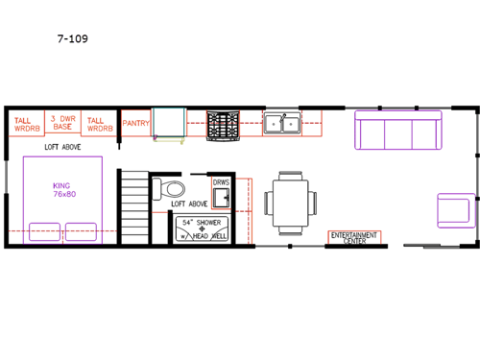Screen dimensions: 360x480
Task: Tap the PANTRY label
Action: click(136, 124)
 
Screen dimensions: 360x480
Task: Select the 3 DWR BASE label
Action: click(62, 124)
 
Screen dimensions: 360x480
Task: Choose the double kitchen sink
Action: click(282, 122)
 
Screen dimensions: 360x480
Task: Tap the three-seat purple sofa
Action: click(397, 130)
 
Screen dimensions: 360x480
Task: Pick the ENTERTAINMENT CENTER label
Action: click(354, 237)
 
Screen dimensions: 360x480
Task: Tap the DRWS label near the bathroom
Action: click(222, 180)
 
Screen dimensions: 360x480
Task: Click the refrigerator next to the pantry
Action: click(170, 125)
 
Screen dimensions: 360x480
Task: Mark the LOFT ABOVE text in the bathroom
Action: click(189, 204)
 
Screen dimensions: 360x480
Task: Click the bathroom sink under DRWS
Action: click(221, 198)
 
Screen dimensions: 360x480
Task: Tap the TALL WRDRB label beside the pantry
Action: click(99, 124)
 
